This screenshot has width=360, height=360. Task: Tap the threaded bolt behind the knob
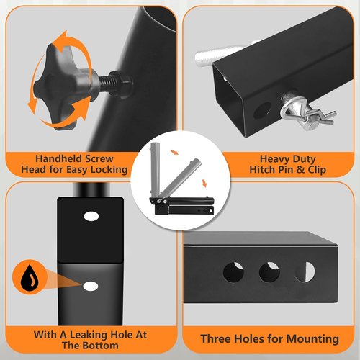(x=107, y=82)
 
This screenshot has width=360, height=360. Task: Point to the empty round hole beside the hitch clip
(x=262, y=110)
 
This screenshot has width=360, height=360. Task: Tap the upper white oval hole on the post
(x=91, y=216)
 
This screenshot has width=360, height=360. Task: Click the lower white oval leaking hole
(x=91, y=286)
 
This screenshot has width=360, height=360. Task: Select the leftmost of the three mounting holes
(x=233, y=272)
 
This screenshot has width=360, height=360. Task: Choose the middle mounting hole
(x=269, y=272)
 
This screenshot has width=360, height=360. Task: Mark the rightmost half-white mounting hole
(x=305, y=272)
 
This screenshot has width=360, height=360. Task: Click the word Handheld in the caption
(x=58, y=158)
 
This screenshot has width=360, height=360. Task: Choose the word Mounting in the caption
(x=312, y=339)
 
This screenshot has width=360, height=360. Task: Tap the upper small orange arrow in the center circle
(x=174, y=152)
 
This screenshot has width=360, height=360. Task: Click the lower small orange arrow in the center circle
(x=204, y=183)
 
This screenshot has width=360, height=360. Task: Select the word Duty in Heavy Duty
(x=304, y=159)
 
